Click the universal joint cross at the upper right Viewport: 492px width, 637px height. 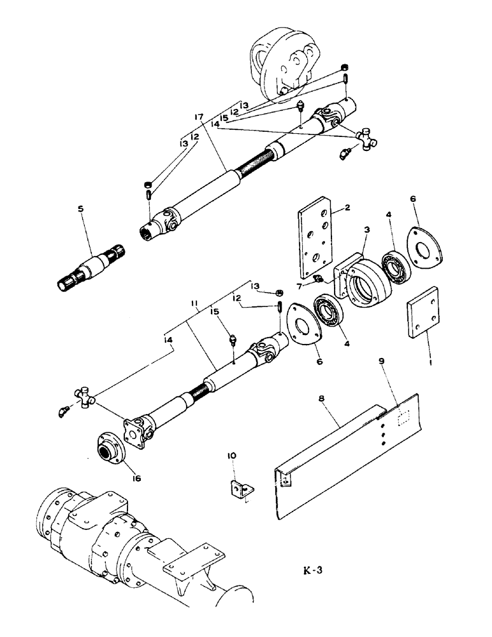tap(365, 138)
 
